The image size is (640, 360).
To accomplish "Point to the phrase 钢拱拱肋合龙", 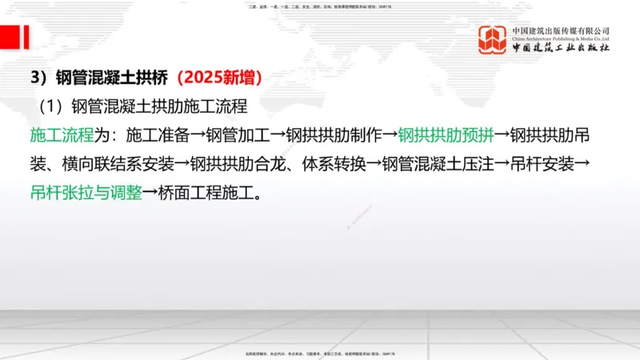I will (238, 164).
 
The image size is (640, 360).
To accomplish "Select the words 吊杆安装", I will (541, 164).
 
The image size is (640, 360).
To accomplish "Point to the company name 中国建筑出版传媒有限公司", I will (561, 30).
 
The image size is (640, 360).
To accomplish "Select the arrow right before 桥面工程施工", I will (150, 193).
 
